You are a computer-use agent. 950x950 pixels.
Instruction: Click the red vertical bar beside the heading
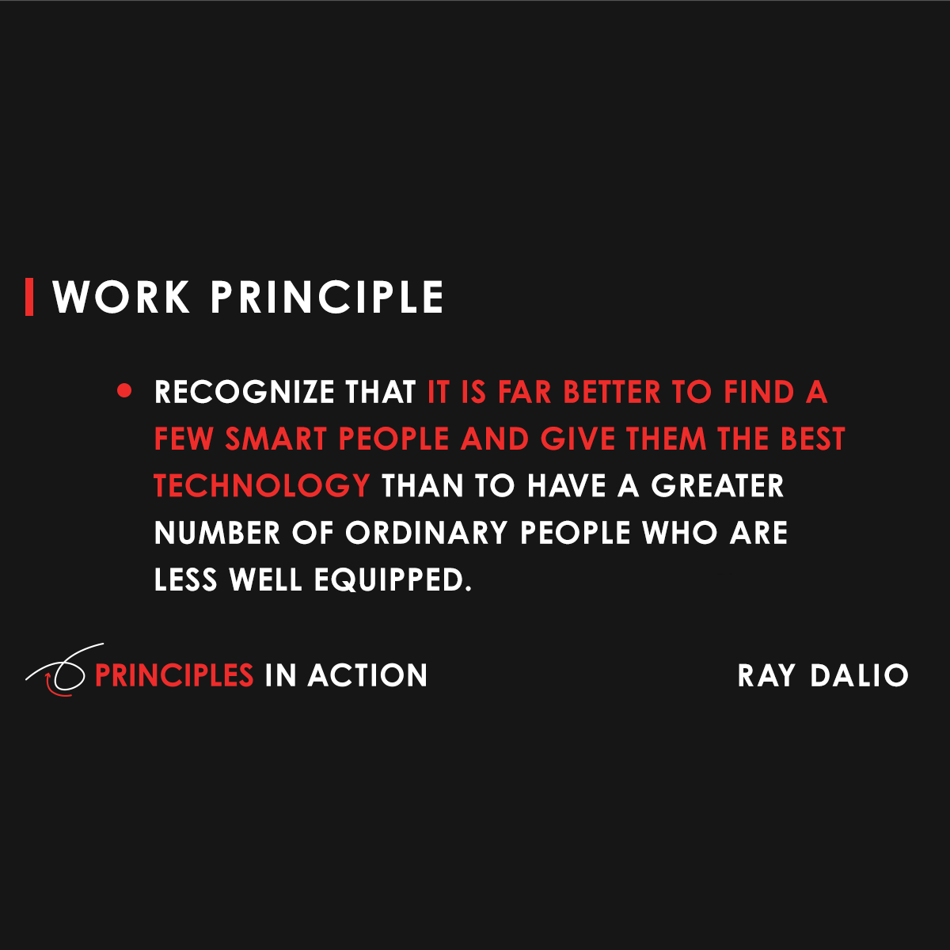pos(29,297)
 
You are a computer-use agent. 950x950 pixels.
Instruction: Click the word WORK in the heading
pos(121,298)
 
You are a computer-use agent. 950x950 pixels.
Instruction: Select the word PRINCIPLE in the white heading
pos(327,298)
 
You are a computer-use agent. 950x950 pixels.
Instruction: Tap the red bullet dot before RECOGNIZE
pos(123,391)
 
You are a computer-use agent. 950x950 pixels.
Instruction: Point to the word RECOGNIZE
pos(245,393)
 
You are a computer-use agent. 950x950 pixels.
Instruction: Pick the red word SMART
pos(276,439)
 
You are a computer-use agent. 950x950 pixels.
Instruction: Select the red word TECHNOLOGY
pos(261,486)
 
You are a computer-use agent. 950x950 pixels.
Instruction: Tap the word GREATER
pos(717,486)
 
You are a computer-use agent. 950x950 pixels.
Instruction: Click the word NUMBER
pos(217,533)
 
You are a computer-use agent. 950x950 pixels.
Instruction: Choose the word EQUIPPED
pos(393,580)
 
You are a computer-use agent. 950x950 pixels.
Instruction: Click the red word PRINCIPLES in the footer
pos(174,675)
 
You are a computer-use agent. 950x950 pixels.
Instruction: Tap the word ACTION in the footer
pos(367,675)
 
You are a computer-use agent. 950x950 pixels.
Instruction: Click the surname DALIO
pos(859,675)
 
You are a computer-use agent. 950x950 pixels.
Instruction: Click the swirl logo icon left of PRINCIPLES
pos(59,671)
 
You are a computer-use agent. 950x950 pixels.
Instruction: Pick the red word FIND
pos(758,393)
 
